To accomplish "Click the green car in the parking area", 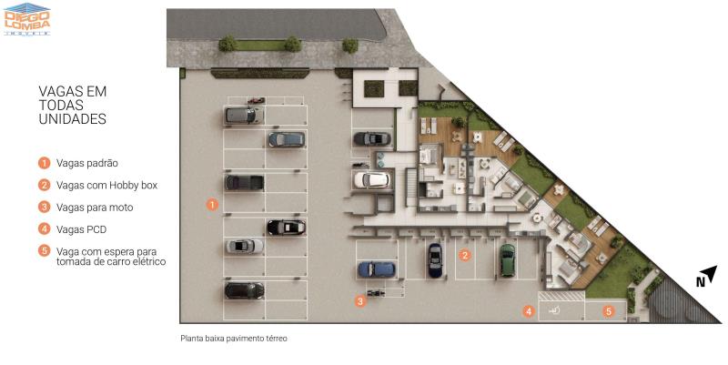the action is tap(508, 260).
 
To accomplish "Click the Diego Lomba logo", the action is tap(27, 19).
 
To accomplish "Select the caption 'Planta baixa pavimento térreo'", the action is tap(234, 339).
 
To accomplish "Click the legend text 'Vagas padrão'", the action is tap(87, 163).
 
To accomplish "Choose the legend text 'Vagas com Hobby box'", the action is tap(106, 186).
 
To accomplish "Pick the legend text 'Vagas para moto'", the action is tap(95, 208).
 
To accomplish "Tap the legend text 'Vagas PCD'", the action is tap(81, 229).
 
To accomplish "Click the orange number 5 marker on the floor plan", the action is tap(609, 311).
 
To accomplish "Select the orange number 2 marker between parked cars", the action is tap(465, 255).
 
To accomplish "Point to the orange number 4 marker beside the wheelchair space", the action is tap(529, 311).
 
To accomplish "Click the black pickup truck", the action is tap(244, 182).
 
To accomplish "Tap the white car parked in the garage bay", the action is tap(372, 180).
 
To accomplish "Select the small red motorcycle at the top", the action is tap(256, 100).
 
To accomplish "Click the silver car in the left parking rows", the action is tap(244, 246).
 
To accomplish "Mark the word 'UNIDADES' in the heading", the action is tap(73, 119).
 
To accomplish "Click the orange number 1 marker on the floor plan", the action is tap(212, 204).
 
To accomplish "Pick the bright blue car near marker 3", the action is tap(377, 269).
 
